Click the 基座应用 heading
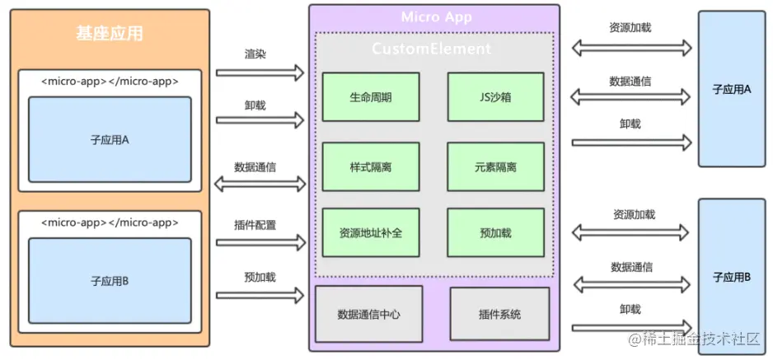tap(109, 34)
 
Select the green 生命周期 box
tap(370, 97)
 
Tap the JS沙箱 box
tap(495, 97)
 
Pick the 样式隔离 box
tap(370, 166)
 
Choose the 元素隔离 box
tap(495, 166)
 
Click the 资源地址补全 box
tap(370, 232)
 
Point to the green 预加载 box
tap(495, 232)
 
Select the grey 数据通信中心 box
tap(369, 314)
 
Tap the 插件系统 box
tap(499, 314)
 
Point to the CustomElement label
tap(431, 49)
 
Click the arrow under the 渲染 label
tap(260, 72)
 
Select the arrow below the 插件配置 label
tap(260, 242)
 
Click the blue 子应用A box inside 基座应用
tap(110, 139)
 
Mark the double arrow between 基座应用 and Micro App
tap(260, 184)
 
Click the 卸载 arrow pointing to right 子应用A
tap(631, 143)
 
